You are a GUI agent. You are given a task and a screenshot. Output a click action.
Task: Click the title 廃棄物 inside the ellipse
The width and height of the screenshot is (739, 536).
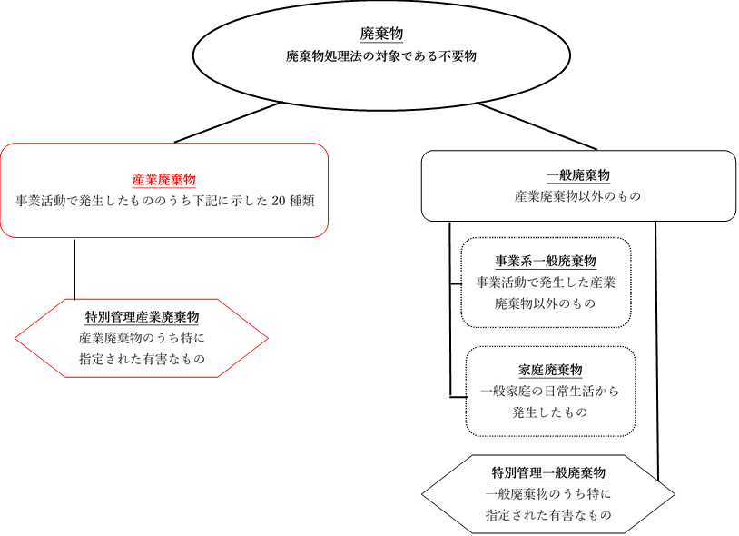coord(381,34)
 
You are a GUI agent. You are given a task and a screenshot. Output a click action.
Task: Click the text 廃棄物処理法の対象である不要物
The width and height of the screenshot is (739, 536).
coord(381,56)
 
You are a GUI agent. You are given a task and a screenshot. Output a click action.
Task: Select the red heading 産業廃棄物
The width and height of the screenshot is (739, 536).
coord(164,180)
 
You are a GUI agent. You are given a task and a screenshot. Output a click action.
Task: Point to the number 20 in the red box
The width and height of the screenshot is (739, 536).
coord(279,201)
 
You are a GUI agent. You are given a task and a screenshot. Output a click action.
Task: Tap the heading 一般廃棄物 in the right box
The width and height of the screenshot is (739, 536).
coord(578,175)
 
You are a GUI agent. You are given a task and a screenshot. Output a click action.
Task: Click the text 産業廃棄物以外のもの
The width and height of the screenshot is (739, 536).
coord(577,196)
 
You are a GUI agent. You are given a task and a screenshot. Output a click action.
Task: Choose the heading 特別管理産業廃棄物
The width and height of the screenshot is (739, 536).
coord(142,317)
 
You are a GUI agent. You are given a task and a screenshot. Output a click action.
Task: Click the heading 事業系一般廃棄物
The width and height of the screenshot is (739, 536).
coord(546,261)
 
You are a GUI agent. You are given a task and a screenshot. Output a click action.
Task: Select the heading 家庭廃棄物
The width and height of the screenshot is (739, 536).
coord(550,370)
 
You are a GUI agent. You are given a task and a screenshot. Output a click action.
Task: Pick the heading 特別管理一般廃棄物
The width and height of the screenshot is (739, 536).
coord(548,472)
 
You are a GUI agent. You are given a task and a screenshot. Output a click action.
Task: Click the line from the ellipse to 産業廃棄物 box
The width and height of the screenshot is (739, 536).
coord(228,122)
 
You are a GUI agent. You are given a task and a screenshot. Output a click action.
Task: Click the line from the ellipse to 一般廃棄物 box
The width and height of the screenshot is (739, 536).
coord(537,126)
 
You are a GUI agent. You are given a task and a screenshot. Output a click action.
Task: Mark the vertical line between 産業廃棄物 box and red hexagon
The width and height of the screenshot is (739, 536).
coord(74,269)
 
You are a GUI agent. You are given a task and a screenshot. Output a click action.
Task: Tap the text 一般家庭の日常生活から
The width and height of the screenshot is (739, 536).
coord(549,392)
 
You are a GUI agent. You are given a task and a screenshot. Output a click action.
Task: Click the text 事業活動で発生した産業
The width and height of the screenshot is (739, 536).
coord(546,283)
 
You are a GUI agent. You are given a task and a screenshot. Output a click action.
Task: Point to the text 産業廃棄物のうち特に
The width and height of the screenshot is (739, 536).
coord(142,338)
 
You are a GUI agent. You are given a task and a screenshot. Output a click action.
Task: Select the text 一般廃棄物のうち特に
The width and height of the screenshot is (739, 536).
coord(548,493)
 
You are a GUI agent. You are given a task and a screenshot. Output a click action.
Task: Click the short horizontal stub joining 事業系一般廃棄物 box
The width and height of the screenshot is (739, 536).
coord(456,284)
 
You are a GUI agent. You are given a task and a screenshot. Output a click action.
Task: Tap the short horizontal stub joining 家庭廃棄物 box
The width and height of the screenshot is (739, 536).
coord(458,397)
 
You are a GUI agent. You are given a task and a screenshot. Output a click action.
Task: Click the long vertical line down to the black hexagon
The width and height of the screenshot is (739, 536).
coord(656,351)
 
